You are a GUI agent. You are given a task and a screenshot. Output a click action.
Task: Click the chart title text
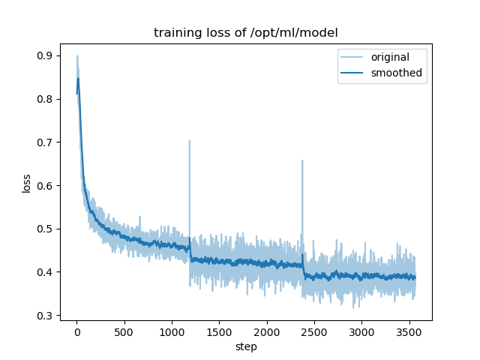tap(245, 33)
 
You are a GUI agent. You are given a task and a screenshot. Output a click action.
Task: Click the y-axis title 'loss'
tap(26, 183)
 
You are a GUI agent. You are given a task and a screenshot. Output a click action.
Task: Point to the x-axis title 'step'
tap(246, 347)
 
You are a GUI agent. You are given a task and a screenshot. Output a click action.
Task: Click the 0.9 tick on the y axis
tap(46, 55)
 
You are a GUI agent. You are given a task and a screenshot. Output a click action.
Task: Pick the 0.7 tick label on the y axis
tap(46, 142)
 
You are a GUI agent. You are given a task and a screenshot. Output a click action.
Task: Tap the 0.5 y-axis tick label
tap(46, 229)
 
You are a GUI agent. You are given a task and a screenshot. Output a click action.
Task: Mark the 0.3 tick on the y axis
tap(46, 316)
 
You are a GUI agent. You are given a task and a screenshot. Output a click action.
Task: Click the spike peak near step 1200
tap(189, 141)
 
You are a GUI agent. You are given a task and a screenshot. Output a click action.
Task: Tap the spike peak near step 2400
tap(302, 160)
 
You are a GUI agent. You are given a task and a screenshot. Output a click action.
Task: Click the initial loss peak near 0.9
tap(76, 56)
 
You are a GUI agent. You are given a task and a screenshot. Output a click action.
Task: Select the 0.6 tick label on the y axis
tap(46, 186)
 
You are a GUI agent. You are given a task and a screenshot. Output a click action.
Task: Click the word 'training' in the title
tap(176, 33)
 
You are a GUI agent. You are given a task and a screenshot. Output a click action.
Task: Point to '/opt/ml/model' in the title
tap(298, 33)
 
